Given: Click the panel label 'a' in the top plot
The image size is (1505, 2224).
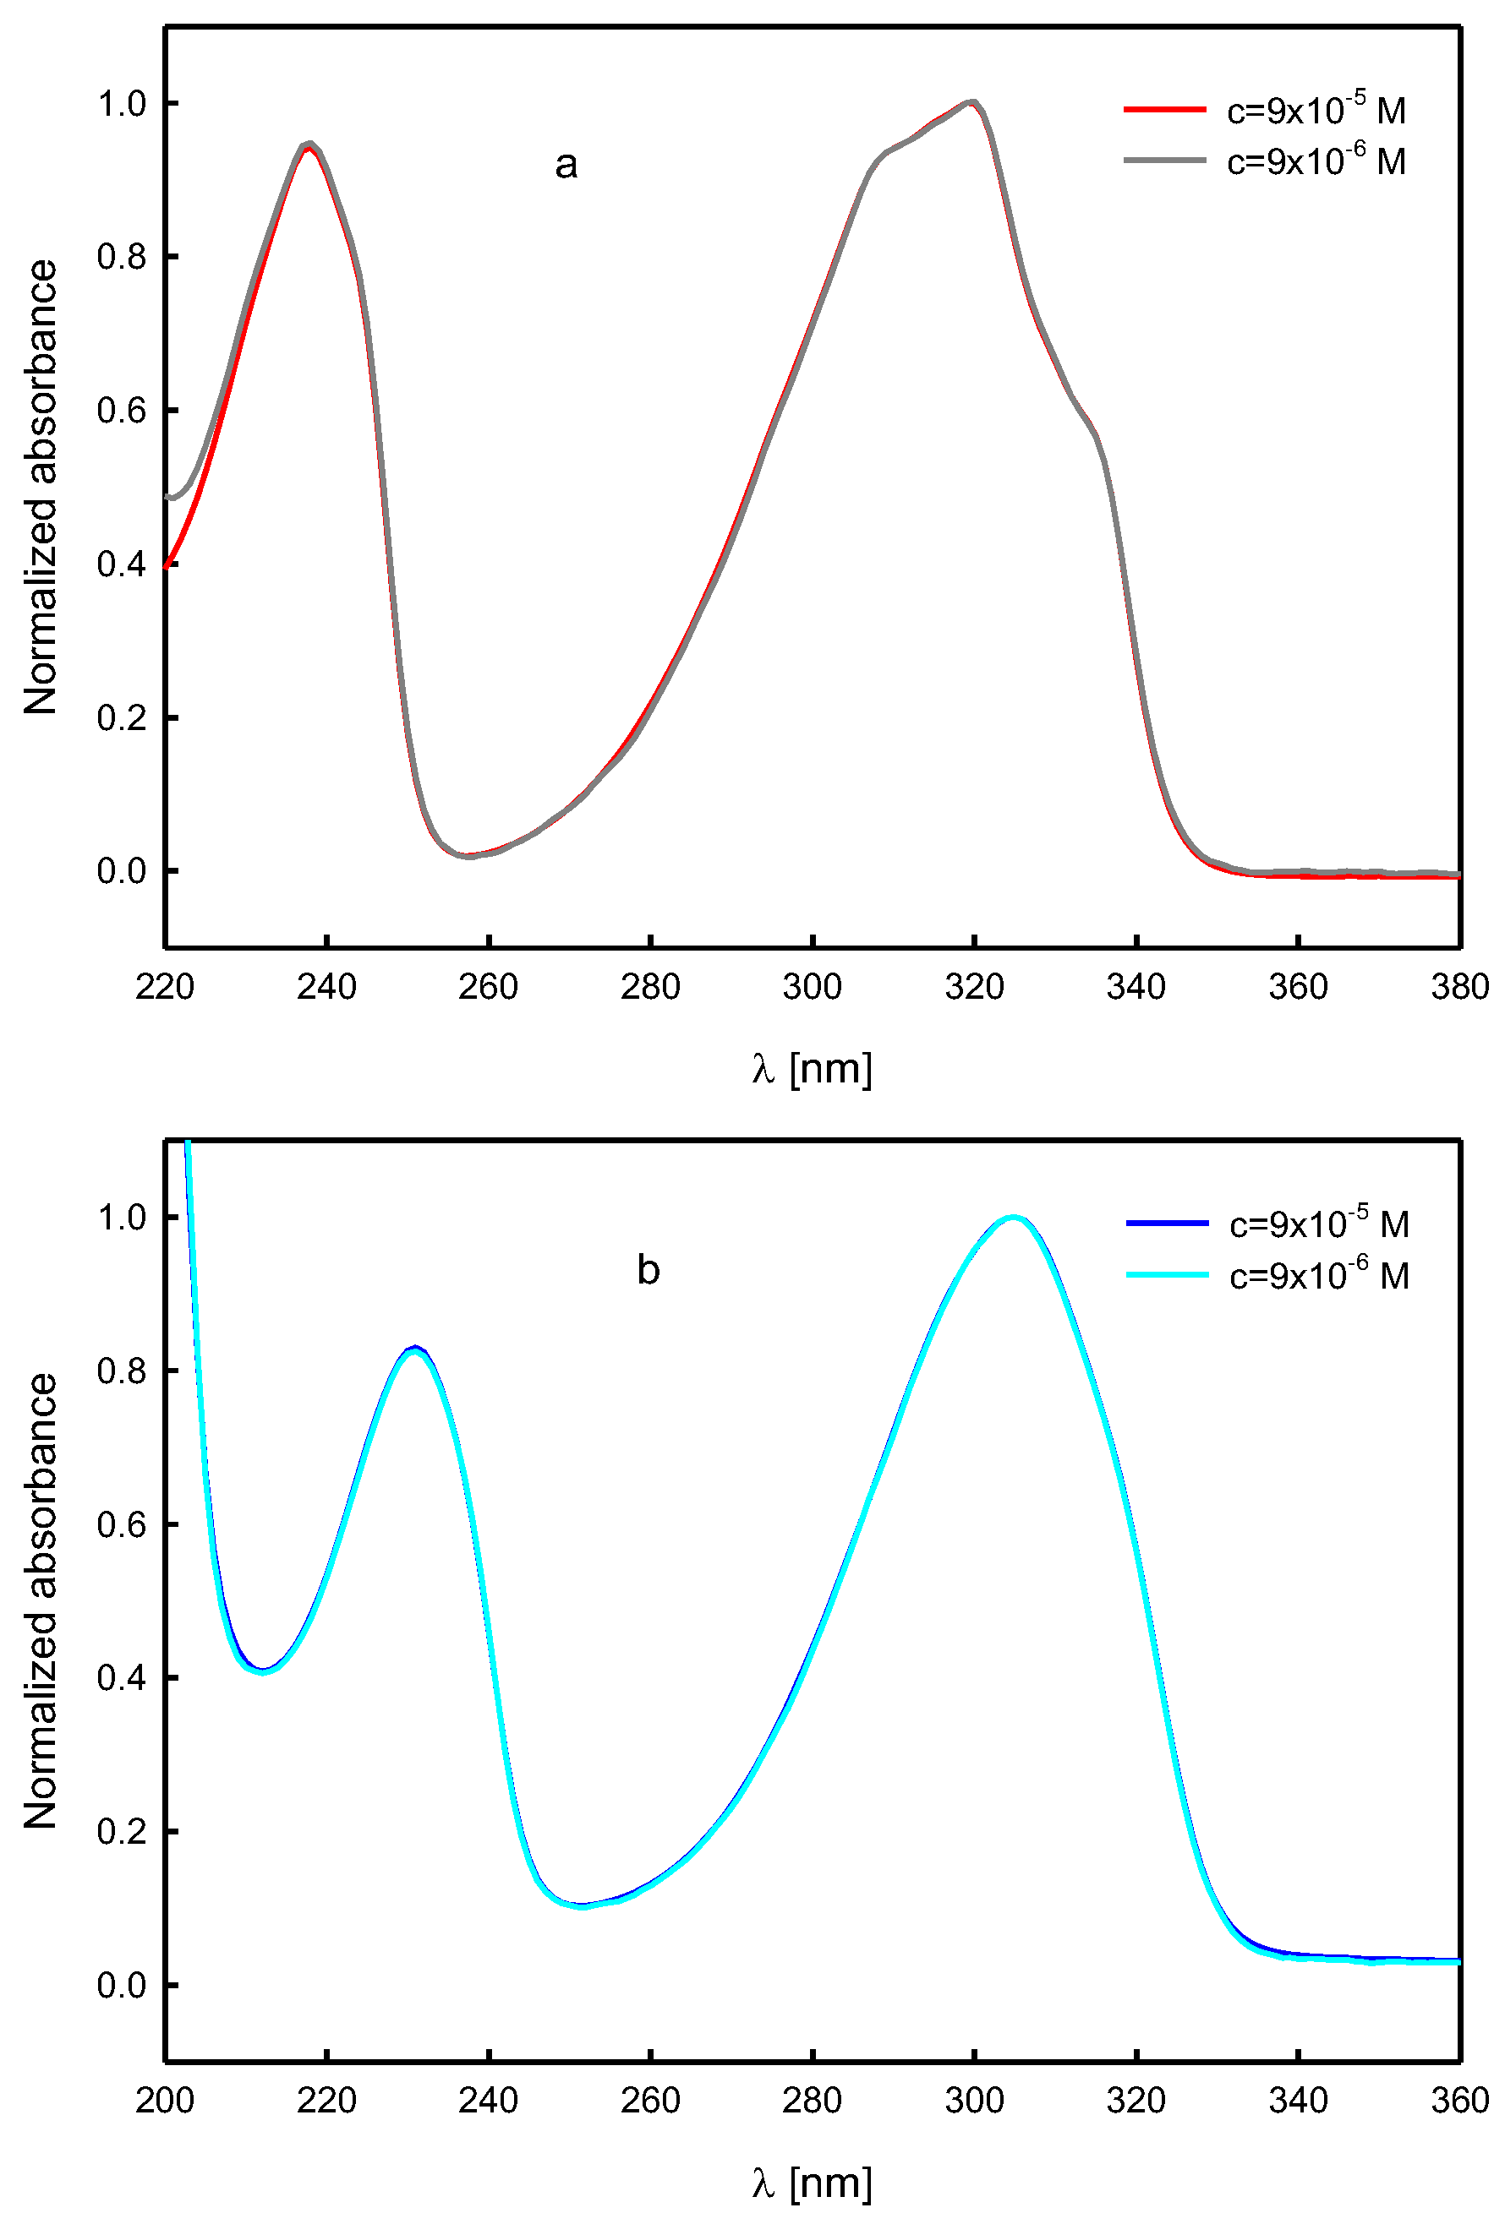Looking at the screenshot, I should (x=566, y=166).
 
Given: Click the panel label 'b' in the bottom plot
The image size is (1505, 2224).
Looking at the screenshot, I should (x=649, y=1271).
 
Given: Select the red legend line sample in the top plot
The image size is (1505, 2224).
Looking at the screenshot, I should (x=1164, y=110).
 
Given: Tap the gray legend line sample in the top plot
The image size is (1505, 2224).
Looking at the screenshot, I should (x=1164, y=160).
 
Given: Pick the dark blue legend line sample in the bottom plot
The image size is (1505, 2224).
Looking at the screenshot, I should (x=1167, y=1223).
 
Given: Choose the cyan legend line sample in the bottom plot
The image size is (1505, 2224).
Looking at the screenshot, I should (x=1167, y=1273).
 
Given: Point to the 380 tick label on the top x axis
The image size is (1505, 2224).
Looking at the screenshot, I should (x=1459, y=987).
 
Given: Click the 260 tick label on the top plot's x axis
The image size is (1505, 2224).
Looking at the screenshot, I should (x=488, y=987).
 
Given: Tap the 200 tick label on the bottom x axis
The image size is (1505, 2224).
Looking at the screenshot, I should (x=165, y=2101).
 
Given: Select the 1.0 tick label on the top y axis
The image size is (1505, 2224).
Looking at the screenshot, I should (x=122, y=103).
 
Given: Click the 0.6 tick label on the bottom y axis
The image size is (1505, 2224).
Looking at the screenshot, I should (x=122, y=1524).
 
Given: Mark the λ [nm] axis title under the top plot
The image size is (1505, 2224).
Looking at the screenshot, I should (x=812, y=1068).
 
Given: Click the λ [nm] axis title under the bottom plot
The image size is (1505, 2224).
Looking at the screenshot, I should (x=812, y=2182).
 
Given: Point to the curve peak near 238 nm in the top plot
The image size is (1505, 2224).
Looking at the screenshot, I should (x=309, y=144).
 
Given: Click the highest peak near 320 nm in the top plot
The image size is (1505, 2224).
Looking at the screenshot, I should (x=971, y=101).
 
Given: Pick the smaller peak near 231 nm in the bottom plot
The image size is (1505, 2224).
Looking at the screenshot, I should (x=414, y=1349).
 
